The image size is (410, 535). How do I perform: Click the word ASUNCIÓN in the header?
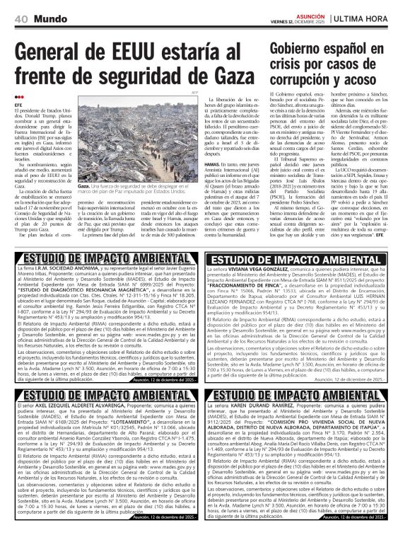click(x=307, y=14)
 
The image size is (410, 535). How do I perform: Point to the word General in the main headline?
click(x=50, y=54)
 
